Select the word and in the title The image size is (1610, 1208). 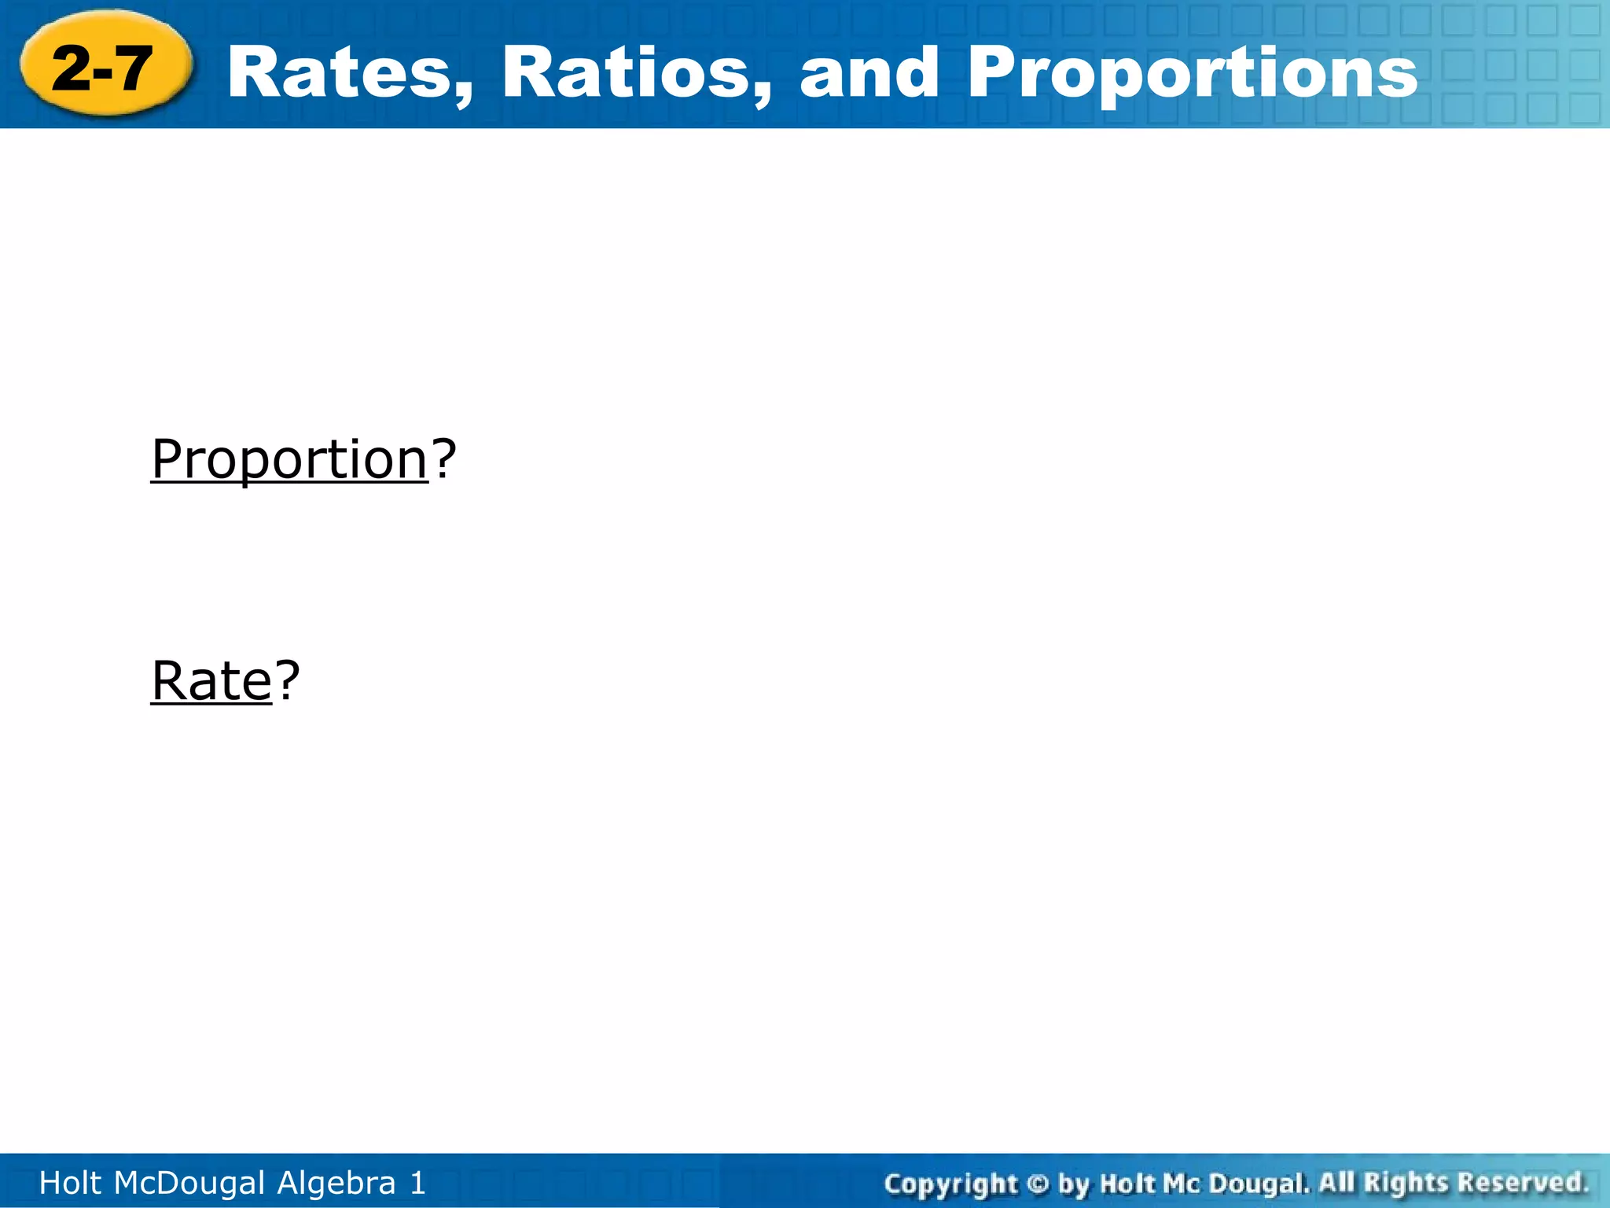tap(869, 72)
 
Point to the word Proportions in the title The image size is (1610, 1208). tap(1192, 72)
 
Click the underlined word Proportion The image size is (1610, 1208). tap(289, 459)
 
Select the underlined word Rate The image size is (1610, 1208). tap(211, 680)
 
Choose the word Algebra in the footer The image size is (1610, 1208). tap(336, 1183)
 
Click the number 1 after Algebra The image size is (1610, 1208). tap(417, 1183)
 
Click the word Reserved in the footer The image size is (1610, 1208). tap(1522, 1182)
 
